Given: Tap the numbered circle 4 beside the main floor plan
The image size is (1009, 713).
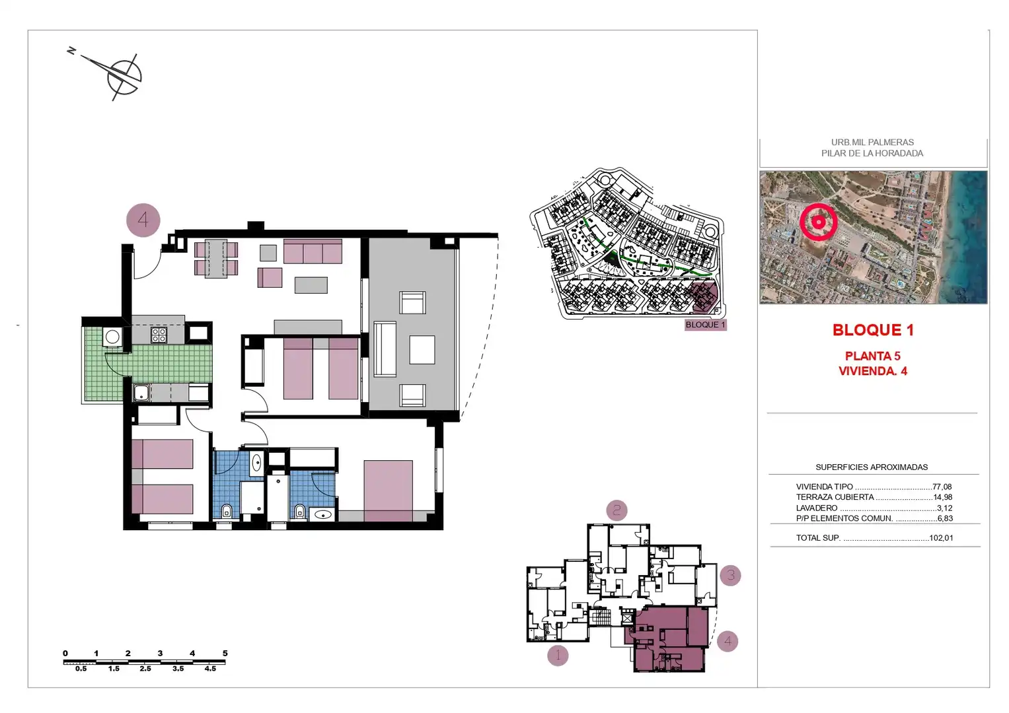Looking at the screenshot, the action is (143, 220).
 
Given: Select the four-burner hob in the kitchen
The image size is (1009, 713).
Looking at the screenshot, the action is (159, 335).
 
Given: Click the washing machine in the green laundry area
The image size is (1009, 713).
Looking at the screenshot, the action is (112, 337).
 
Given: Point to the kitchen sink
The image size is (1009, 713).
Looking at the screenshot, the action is (141, 393).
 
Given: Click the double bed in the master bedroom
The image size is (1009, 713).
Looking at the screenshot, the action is (389, 491).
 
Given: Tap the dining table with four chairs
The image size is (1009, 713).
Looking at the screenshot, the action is (216, 258).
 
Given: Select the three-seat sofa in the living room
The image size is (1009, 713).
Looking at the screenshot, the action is (313, 251).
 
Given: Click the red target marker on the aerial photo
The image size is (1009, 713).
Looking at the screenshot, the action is (819, 222).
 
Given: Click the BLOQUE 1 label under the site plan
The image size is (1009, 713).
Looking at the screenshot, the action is (706, 325).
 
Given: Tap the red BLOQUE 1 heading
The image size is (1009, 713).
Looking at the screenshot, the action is (873, 330).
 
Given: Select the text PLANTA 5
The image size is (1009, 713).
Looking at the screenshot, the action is (872, 356).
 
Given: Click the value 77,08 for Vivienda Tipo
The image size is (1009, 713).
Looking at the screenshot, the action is (942, 487).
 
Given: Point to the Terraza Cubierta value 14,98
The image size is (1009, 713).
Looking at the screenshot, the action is (942, 497).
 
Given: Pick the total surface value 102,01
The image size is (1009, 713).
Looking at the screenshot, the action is (941, 537).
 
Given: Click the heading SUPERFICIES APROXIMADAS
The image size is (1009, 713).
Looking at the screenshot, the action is (872, 467).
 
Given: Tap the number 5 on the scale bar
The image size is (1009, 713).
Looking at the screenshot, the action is (225, 653).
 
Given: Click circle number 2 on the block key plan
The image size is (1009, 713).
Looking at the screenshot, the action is (617, 510).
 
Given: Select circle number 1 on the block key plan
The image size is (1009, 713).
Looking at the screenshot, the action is (558, 656).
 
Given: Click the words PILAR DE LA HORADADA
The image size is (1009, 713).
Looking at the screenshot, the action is (872, 153).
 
